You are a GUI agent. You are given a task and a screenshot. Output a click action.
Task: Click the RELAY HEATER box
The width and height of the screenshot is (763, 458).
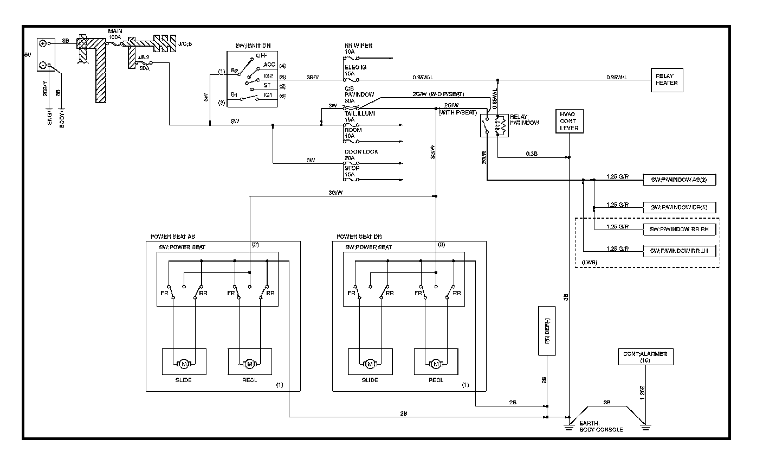click(x=666, y=80)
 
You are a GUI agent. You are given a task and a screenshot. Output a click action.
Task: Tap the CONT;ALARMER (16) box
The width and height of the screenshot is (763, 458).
click(x=644, y=357)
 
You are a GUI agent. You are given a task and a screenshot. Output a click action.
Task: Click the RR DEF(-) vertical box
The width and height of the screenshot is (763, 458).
click(x=547, y=331)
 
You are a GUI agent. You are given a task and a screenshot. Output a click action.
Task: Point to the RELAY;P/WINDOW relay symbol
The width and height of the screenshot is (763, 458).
click(x=494, y=125)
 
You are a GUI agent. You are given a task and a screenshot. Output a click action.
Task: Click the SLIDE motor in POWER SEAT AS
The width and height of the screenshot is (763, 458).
click(x=184, y=362)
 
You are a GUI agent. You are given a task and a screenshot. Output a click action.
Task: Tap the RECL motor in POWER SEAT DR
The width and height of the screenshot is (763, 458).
click(x=436, y=362)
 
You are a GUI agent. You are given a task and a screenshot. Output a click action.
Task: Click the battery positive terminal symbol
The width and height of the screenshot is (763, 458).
click(x=42, y=43)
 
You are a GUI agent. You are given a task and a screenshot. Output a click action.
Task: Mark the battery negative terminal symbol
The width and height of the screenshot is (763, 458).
click(x=42, y=65)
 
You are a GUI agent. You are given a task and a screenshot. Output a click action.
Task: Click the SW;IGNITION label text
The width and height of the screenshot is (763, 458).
click(x=253, y=46)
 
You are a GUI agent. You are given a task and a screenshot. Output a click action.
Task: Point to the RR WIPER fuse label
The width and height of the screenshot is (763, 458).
click(x=359, y=46)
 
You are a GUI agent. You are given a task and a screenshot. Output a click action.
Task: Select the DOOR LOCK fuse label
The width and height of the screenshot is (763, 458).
click(x=361, y=152)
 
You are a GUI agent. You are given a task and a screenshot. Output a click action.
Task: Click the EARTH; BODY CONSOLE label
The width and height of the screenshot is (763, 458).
click(x=601, y=427)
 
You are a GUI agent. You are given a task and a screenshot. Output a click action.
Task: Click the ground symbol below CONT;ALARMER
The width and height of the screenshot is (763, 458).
click(x=644, y=426)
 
